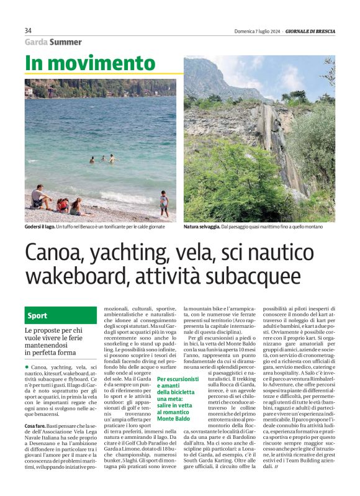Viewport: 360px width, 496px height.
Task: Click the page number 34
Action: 28,31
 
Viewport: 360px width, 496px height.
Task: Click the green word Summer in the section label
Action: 66,42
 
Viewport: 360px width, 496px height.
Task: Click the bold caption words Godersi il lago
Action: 40,227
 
